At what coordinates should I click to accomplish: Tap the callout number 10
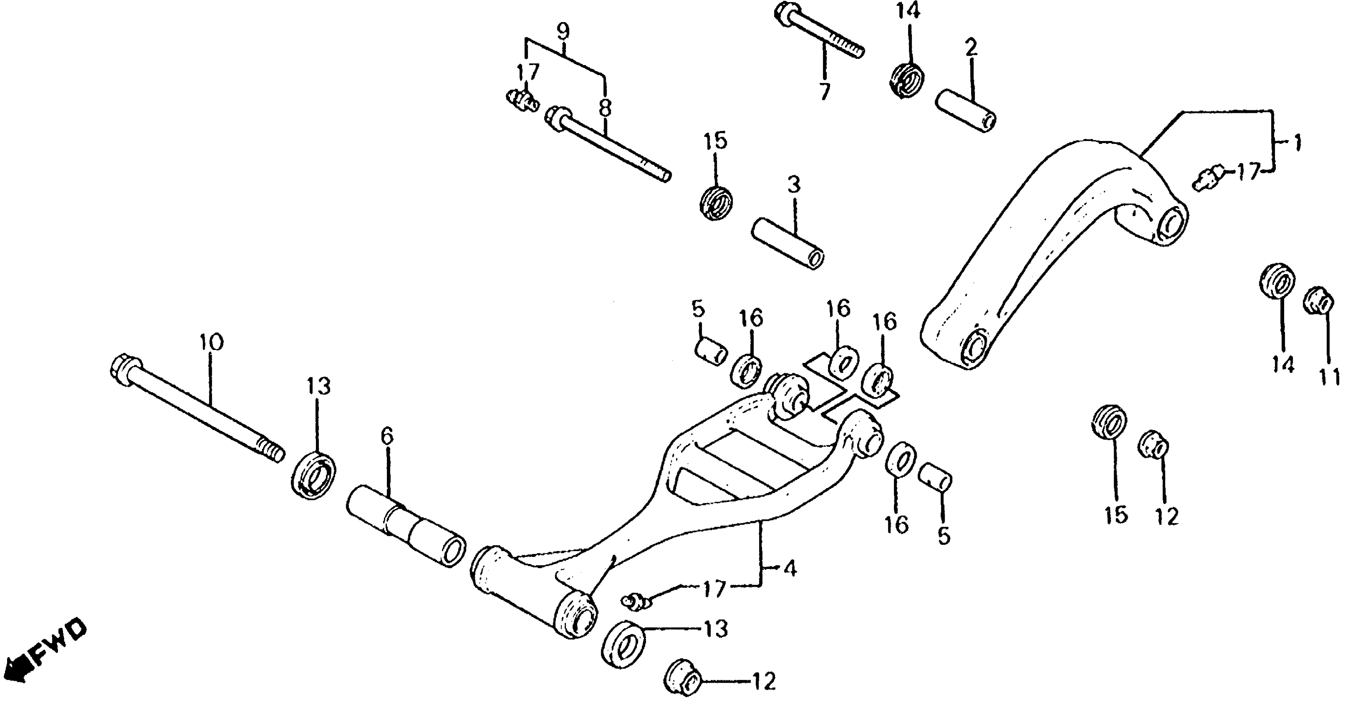[x=211, y=343]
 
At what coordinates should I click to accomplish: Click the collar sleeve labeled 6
[x=406, y=526]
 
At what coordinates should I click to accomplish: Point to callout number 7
[x=824, y=92]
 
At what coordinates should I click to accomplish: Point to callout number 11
[x=1329, y=377]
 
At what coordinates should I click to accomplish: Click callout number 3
[x=794, y=185]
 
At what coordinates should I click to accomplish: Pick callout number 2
[x=971, y=48]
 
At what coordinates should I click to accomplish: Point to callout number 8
[x=605, y=109]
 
